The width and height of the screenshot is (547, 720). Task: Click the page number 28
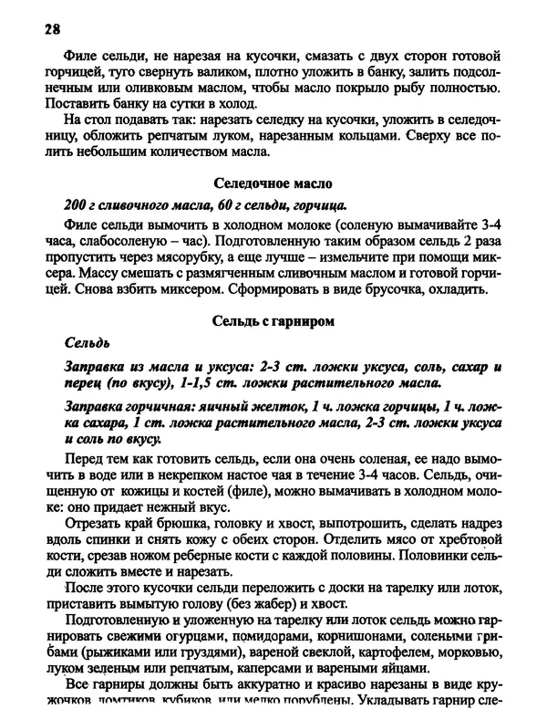click(51, 28)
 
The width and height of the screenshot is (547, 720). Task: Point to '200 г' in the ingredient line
click(81, 203)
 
